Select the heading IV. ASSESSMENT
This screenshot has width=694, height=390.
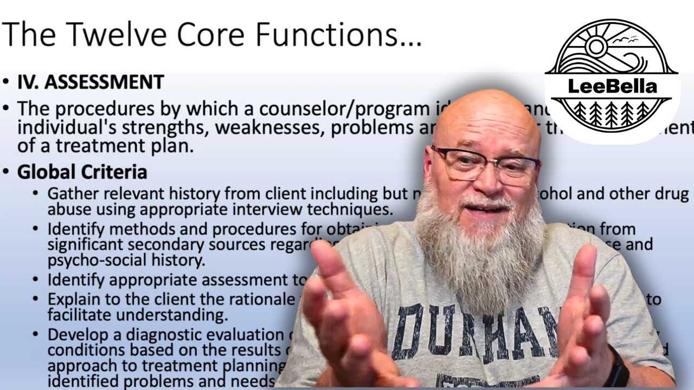[x=91, y=82]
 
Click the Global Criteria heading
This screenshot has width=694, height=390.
[x=82, y=172]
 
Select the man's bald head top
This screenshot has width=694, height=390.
[x=485, y=111]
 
